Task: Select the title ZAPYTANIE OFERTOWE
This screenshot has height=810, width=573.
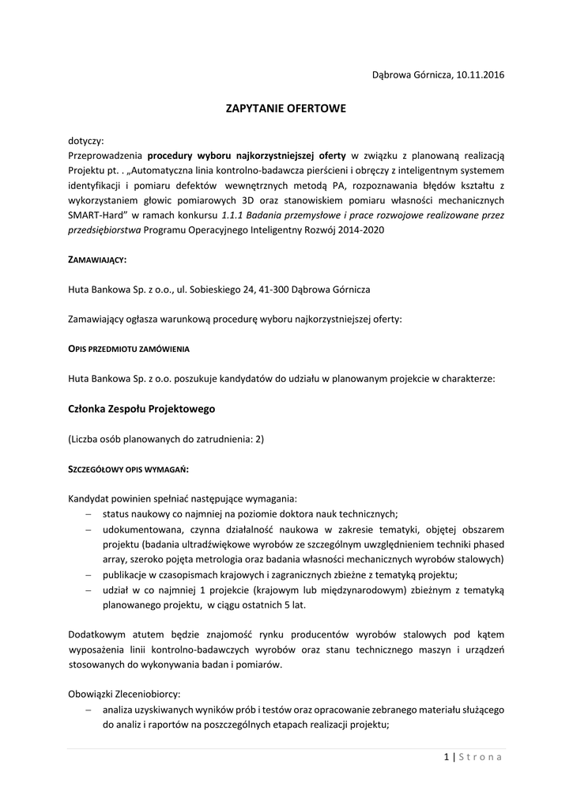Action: click(286, 108)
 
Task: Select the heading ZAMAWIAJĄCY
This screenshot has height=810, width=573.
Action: click(97, 259)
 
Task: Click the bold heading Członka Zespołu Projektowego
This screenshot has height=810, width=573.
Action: click(141, 409)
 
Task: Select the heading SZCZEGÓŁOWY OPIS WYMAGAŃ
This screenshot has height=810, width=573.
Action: click(129, 469)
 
